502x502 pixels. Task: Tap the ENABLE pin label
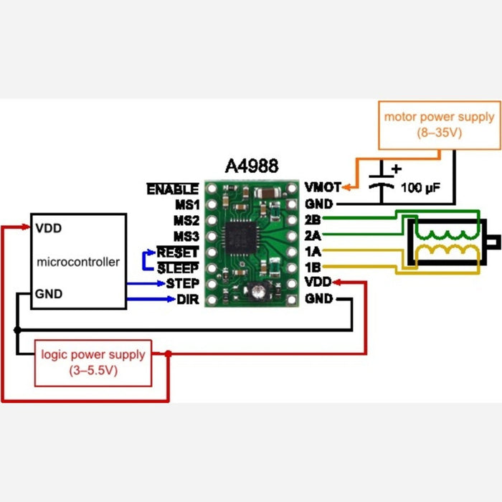pos(172,189)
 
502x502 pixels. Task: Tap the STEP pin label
pos(182,283)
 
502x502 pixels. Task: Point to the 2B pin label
pos(313,220)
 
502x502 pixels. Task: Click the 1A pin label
pos(313,252)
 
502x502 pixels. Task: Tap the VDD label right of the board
pos(318,283)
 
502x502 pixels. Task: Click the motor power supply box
pos(439,124)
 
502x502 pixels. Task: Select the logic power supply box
pos(93,362)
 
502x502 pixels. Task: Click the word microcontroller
pos(77,262)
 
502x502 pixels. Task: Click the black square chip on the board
pos(240,237)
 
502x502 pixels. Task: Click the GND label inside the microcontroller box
pos(49,293)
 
